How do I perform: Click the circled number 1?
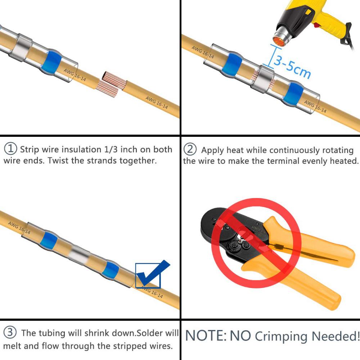(10, 149)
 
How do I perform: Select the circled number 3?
(10, 332)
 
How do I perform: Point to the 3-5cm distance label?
(292, 67)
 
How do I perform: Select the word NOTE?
(206, 336)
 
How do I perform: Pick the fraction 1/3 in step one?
(111, 149)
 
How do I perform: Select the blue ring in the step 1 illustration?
(51, 62)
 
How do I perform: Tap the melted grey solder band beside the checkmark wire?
(80, 255)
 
